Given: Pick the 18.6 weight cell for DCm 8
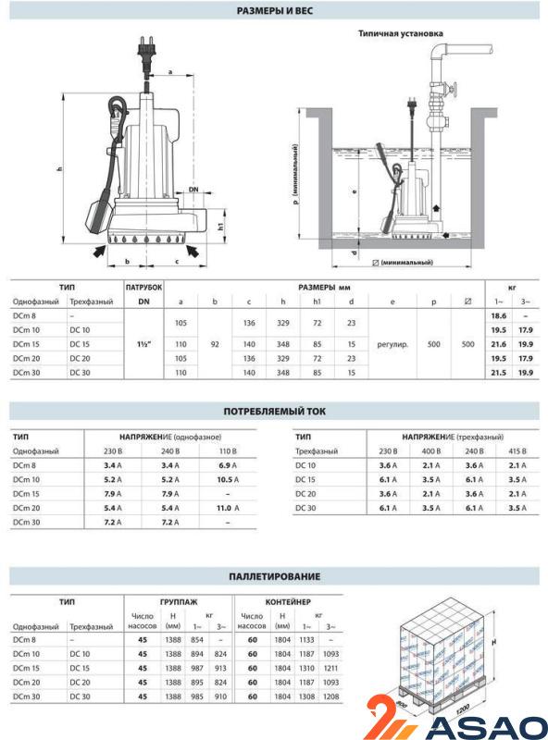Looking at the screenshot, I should coord(497,316).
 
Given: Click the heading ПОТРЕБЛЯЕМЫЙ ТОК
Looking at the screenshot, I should coord(274,411).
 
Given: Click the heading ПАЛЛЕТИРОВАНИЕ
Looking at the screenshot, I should coord(274,576).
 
